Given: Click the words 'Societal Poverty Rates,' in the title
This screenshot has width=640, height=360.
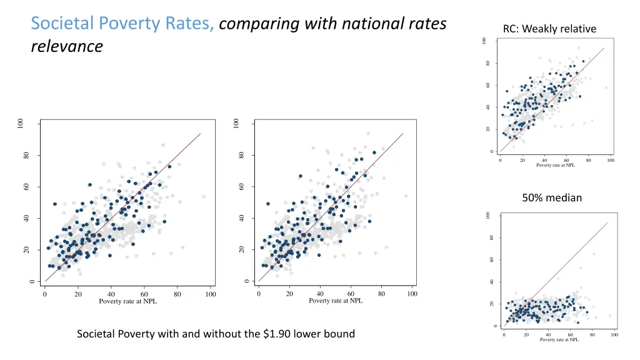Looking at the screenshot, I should [123, 24].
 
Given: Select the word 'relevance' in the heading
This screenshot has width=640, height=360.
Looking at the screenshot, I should [66, 47].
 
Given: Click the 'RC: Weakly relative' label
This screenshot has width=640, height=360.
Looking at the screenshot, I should [549, 29].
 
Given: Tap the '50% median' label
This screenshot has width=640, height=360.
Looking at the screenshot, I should [552, 197].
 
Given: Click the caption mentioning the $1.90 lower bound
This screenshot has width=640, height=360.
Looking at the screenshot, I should [216, 334].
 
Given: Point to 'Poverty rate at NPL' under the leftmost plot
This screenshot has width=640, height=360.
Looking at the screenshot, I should [127, 301].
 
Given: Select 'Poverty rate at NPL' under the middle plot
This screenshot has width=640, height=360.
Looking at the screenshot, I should [336, 301].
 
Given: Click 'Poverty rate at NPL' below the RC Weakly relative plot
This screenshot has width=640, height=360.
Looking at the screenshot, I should [556, 165].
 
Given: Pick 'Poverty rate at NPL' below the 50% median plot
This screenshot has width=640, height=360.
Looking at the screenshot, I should [559, 340].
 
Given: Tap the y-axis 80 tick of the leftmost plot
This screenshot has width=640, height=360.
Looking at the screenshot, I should [26, 156].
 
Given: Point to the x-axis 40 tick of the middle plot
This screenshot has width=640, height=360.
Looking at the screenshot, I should [320, 293].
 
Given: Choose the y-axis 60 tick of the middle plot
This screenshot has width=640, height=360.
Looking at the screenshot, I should [241, 187].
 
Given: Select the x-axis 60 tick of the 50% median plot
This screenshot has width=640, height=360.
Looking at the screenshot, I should [570, 334].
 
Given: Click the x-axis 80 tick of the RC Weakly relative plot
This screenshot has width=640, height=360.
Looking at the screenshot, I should [588, 160].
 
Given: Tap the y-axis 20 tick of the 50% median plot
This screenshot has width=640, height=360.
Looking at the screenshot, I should [492, 304].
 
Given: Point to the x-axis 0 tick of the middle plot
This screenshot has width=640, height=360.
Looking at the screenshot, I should [259, 293].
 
